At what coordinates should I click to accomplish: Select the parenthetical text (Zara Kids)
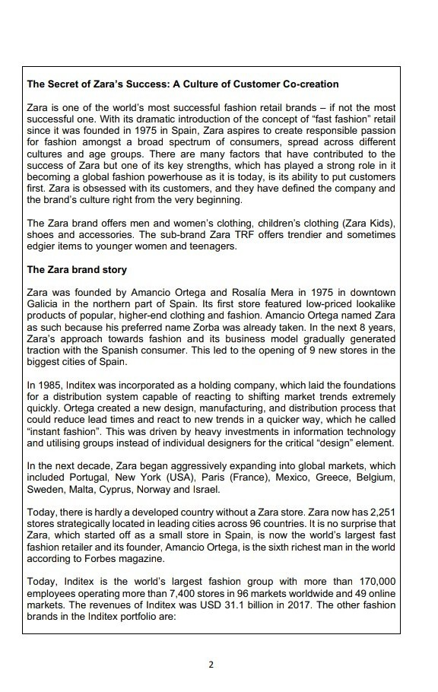coord(370,223)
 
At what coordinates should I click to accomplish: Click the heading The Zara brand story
coord(77,269)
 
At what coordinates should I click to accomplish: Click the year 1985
coord(51,386)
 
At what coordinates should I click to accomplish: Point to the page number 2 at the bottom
coord(212,664)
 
